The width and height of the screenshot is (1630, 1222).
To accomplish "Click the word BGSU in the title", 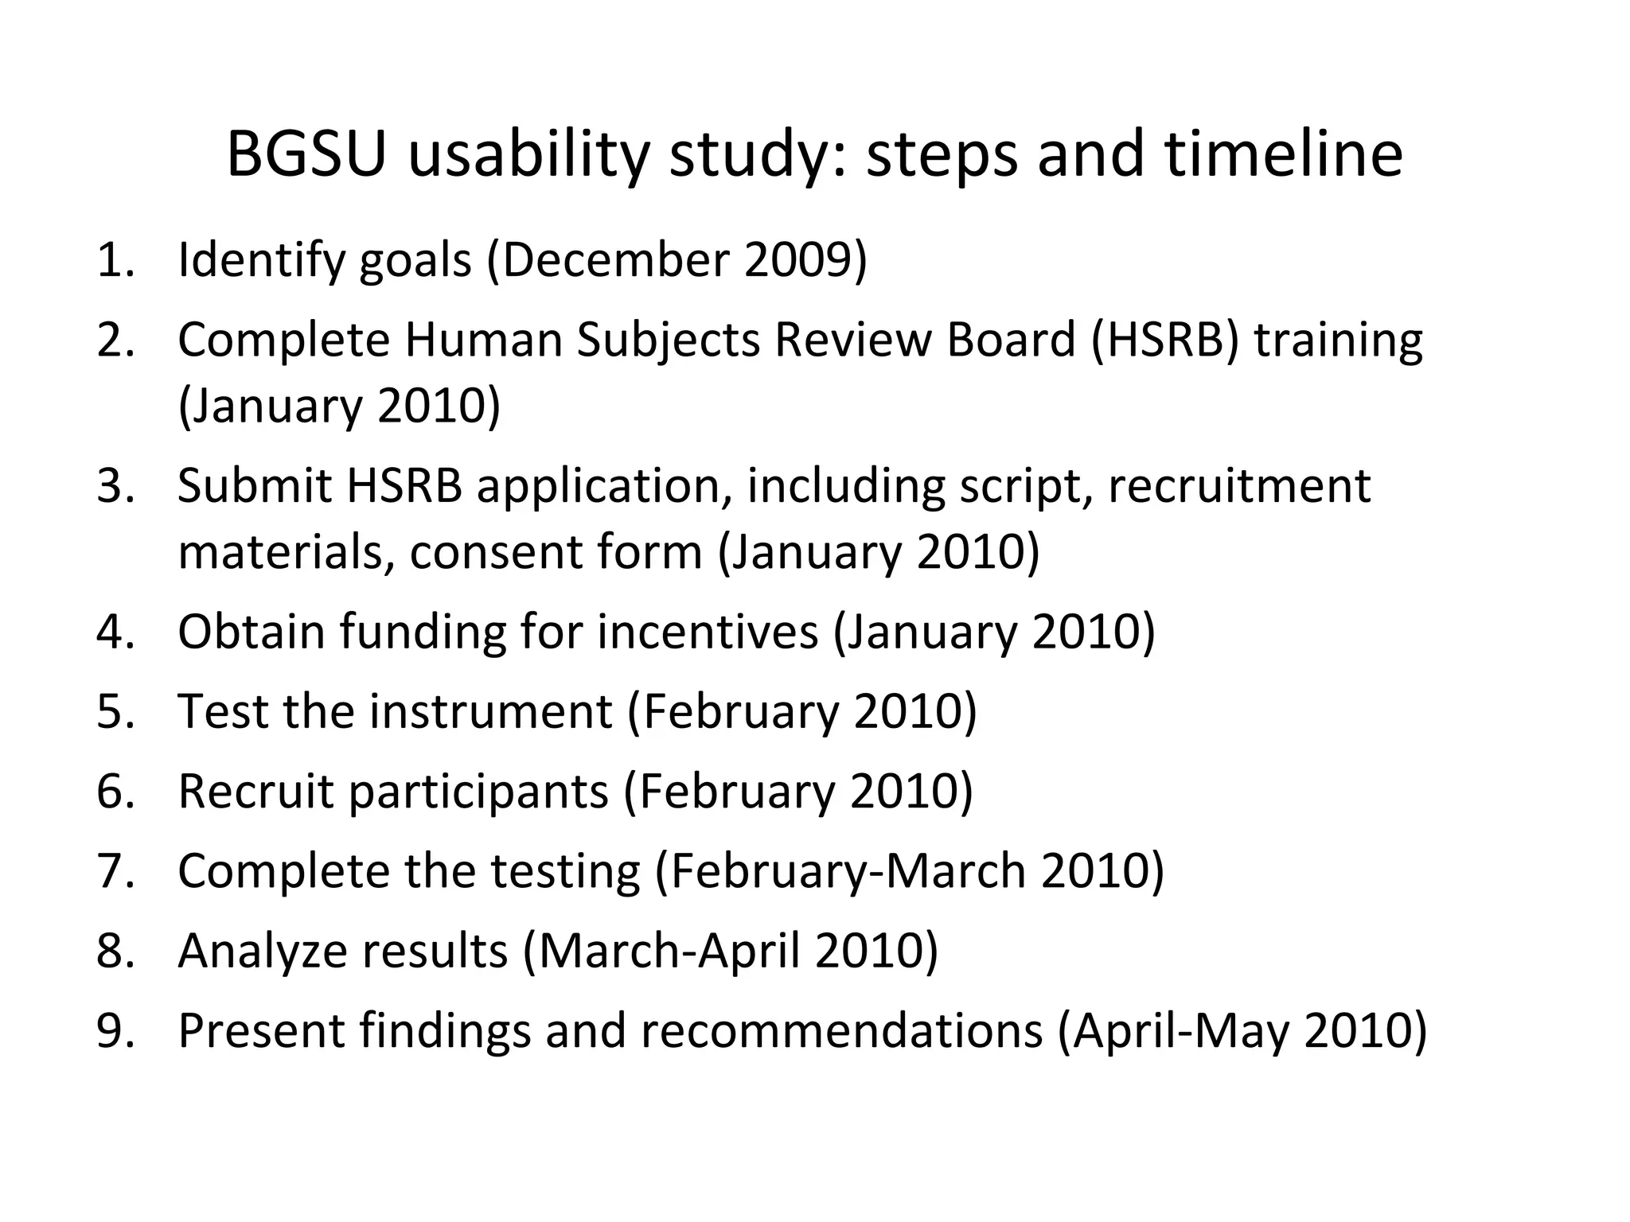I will [x=306, y=154].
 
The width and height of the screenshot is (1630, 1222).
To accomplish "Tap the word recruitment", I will [x=1239, y=485].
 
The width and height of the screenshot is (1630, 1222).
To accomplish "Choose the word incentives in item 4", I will [x=708, y=632].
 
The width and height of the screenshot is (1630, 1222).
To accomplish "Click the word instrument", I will [x=491, y=711].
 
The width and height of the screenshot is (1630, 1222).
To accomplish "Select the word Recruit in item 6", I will [x=255, y=792].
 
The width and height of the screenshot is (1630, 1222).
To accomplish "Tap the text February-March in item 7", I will [x=847, y=871].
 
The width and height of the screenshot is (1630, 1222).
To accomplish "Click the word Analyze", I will [x=263, y=951].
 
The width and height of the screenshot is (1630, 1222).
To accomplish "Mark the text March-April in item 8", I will [x=669, y=951].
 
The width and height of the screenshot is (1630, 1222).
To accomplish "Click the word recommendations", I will [x=841, y=1031].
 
